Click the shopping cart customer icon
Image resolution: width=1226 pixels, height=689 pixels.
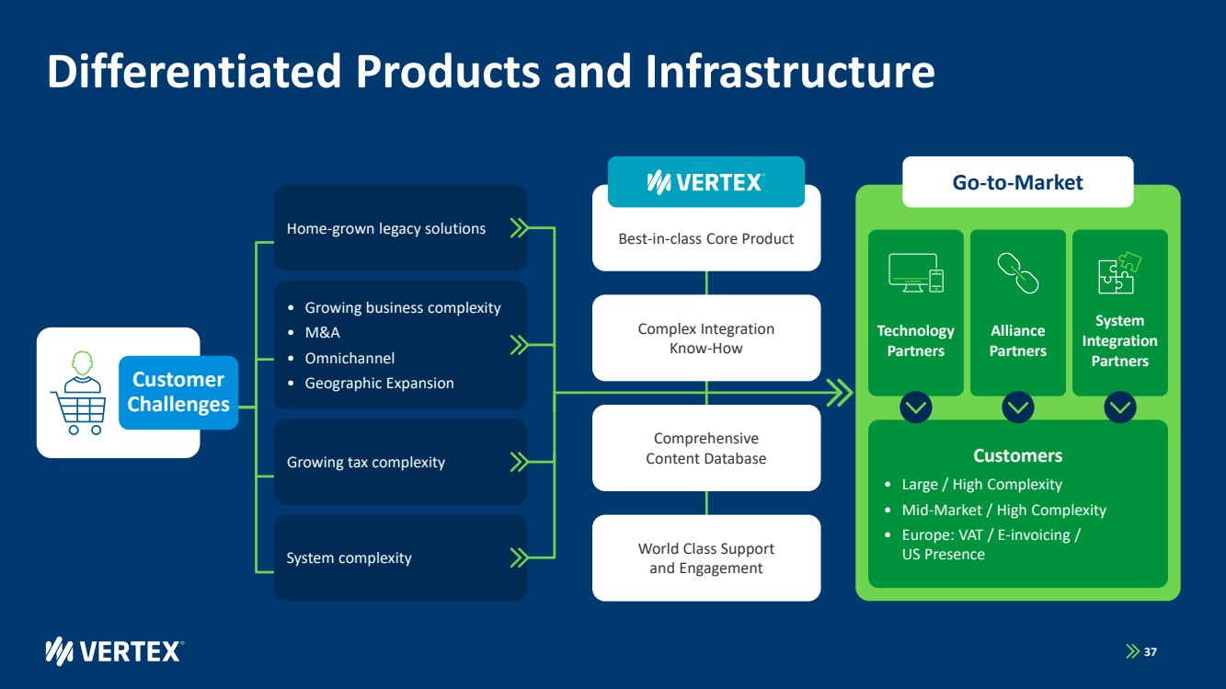pyautogui.click(x=77, y=393)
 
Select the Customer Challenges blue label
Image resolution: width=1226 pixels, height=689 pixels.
pyautogui.click(x=178, y=393)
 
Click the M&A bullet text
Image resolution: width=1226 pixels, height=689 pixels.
pyautogui.click(x=322, y=333)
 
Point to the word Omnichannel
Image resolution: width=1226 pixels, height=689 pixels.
pyautogui.click(x=349, y=358)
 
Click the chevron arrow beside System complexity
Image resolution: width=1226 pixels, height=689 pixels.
pyautogui.click(x=520, y=557)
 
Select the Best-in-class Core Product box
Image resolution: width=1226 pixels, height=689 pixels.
pyautogui.click(x=705, y=239)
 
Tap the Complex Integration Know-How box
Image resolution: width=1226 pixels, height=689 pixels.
pyautogui.click(x=705, y=339)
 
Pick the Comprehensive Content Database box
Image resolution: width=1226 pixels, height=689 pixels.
pyautogui.click(x=705, y=449)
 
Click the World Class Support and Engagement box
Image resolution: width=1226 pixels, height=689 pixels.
pyautogui.click(x=705, y=558)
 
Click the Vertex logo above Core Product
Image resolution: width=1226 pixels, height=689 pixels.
pyautogui.click(x=705, y=182)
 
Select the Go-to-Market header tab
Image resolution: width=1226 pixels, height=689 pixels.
pyautogui.click(x=1017, y=182)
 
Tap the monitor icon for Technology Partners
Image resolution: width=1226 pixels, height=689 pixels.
pyautogui.click(x=916, y=273)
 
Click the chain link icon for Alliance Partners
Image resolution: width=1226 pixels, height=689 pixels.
pyautogui.click(x=1018, y=273)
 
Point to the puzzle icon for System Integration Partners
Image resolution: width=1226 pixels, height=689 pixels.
pyautogui.click(x=1119, y=273)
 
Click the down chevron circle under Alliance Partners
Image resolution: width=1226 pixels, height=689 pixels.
pyautogui.click(x=1018, y=407)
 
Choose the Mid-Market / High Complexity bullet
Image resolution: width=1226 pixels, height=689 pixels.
pyautogui.click(x=1003, y=510)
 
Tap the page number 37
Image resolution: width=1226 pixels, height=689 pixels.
pyautogui.click(x=1151, y=652)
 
